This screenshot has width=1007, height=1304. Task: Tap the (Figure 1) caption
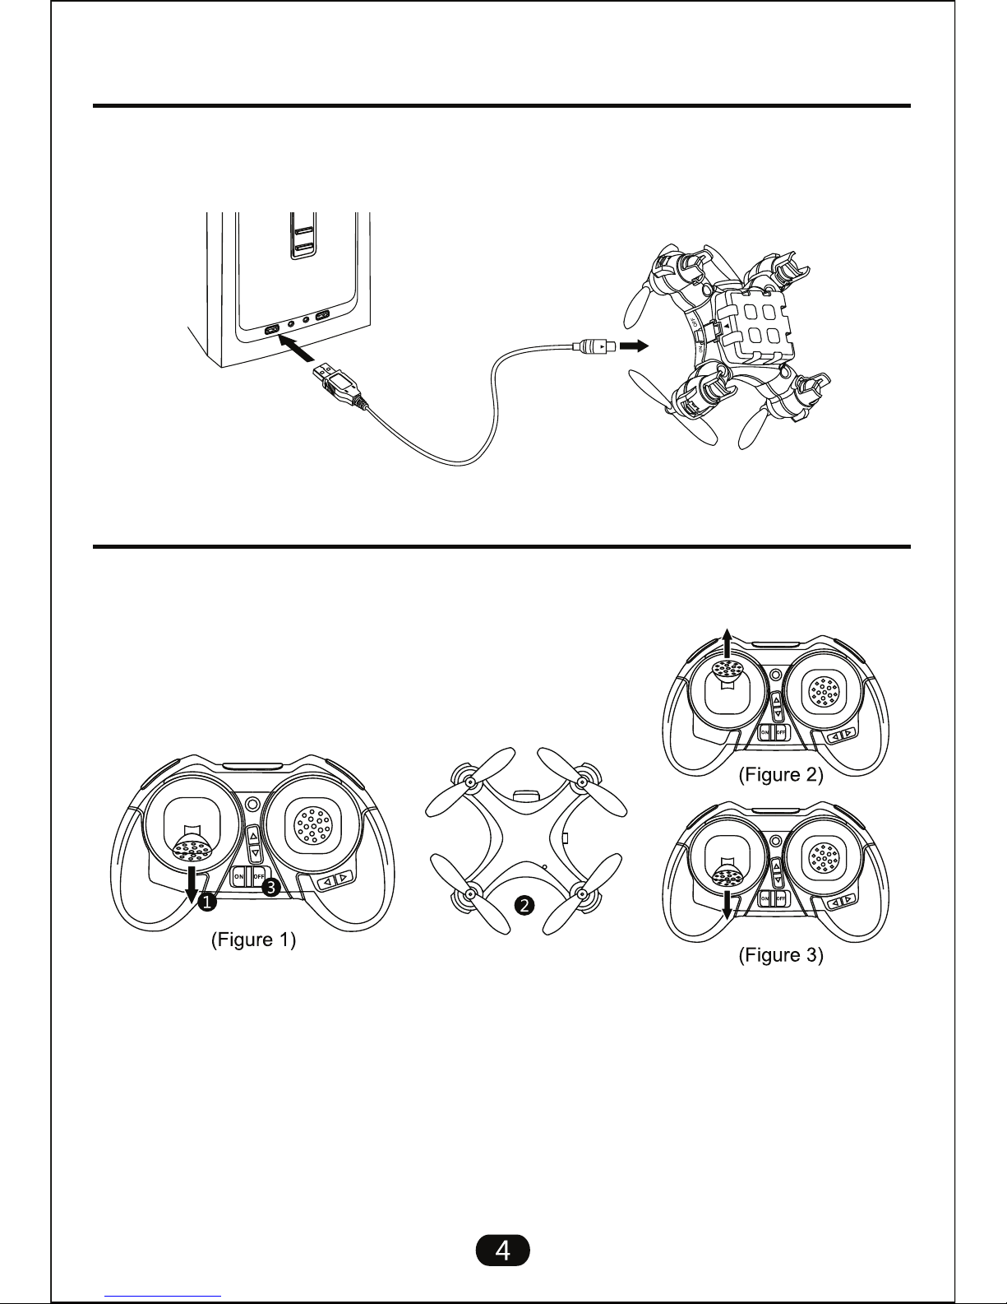point(253,940)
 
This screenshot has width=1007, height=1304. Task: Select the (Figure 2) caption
point(780,774)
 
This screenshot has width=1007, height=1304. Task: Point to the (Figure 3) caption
point(780,955)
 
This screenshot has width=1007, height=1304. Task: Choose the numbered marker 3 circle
point(271,887)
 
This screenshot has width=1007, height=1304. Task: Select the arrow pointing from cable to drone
point(633,346)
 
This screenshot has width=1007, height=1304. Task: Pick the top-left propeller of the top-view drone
point(467,777)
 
